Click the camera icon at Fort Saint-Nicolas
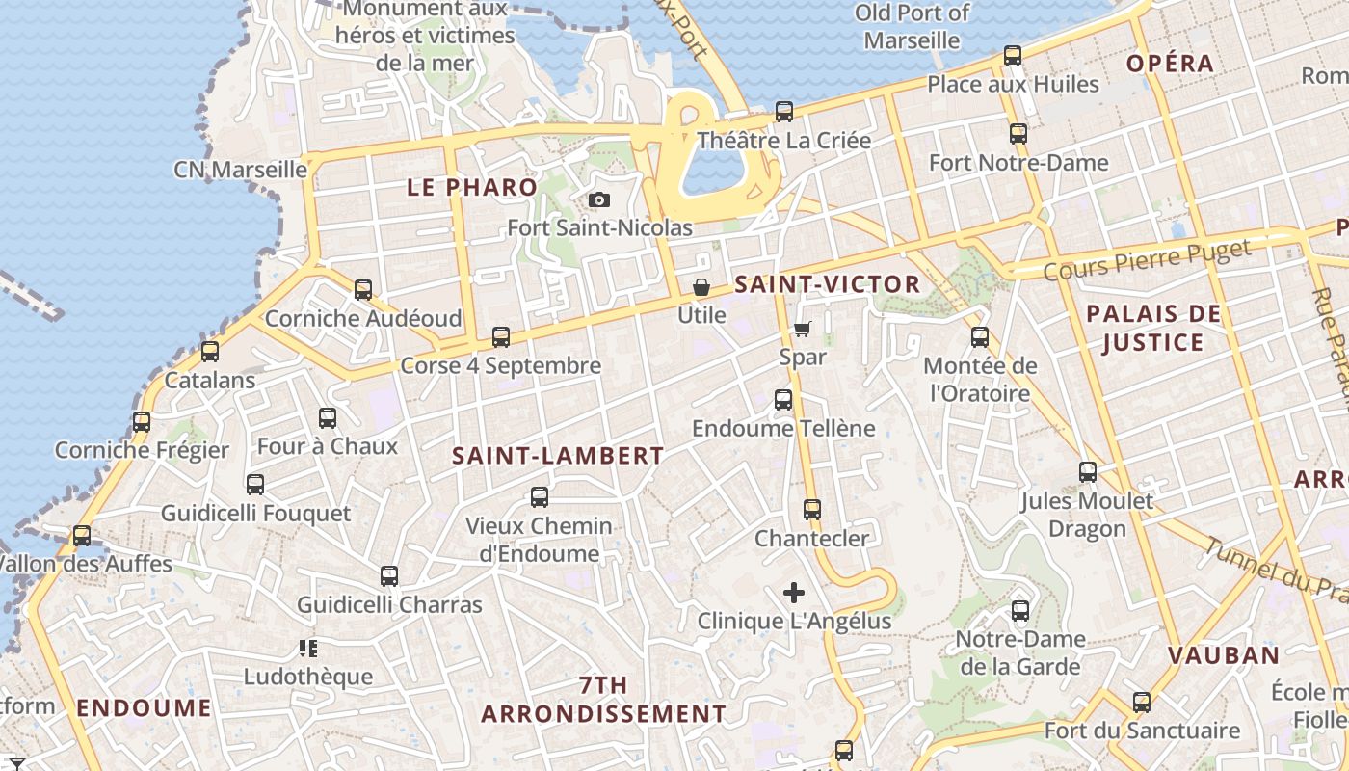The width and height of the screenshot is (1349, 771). [599, 200]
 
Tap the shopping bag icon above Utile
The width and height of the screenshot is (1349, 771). [701, 287]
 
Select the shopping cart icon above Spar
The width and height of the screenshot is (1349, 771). [802, 329]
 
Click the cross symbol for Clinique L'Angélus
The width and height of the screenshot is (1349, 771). [794, 592]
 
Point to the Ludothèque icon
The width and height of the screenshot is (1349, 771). [308, 648]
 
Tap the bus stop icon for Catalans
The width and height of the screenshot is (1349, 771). [210, 352]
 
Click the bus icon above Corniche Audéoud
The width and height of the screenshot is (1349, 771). [363, 289]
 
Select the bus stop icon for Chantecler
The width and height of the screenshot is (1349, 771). [812, 510]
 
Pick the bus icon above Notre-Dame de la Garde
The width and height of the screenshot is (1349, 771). [1020, 611]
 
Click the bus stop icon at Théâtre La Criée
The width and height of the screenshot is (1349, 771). [784, 112]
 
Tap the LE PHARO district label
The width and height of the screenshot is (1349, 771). [472, 187]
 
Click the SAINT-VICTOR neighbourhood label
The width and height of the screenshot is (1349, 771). [827, 284]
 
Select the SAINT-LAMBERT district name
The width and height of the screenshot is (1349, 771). [559, 456]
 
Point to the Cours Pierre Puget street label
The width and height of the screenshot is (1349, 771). [1147, 260]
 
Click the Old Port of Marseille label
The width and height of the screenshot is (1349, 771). [913, 27]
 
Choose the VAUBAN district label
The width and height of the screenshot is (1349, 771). [1224, 655]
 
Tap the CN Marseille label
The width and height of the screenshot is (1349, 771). [240, 170]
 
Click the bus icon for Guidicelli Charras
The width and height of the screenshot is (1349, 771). [389, 576]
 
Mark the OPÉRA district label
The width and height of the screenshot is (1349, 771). [1170, 64]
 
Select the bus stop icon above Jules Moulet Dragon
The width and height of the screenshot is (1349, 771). [1088, 472]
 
